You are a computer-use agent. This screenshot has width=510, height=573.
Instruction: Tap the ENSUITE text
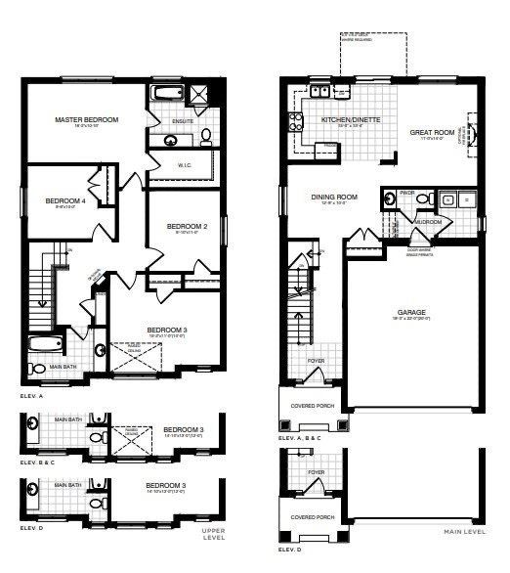183,121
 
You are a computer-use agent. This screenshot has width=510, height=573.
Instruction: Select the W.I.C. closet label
184,165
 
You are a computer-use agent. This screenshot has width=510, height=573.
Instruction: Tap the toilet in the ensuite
207,136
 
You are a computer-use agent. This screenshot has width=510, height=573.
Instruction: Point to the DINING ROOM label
334,197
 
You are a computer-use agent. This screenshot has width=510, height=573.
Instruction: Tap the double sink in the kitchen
319,92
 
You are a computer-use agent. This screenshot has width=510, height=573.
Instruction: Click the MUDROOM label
428,222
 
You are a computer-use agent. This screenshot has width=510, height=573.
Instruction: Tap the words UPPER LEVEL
212,534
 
